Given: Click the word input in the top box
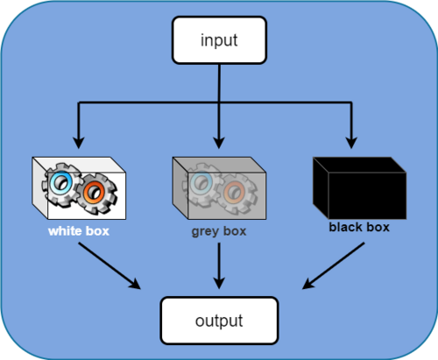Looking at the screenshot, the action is click(x=219, y=40).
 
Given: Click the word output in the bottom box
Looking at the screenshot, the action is click(x=219, y=321).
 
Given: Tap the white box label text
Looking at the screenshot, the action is click(x=79, y=231).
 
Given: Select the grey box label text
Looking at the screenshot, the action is click(x=219, y=231).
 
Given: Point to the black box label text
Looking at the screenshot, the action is click(x=359, y=227).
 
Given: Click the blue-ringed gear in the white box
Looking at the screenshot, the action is click(x=61, y=185).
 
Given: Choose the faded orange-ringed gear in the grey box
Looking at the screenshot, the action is click(x=237, y=193).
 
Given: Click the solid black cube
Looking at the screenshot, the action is click(x=359, y=188).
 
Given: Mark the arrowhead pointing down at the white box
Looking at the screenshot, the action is click(x=79, y=143).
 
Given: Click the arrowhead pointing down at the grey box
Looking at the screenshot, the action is click(x=219, y=143).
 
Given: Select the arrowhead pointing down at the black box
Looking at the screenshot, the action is click(x=351, y=143).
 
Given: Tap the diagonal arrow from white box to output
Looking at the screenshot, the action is click(x=109, y=266).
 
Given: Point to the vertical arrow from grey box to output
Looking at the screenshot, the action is click(x=219, y=266).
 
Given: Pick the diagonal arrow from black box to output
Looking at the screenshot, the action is click(x=333, y=265).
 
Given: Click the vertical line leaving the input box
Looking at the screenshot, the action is click(x=219, y=83).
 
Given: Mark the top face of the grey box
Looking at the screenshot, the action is click(x=219, y=165).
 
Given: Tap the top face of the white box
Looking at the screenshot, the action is click(x=79, y=165).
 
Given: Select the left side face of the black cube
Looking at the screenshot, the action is click(x=321, y=188).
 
